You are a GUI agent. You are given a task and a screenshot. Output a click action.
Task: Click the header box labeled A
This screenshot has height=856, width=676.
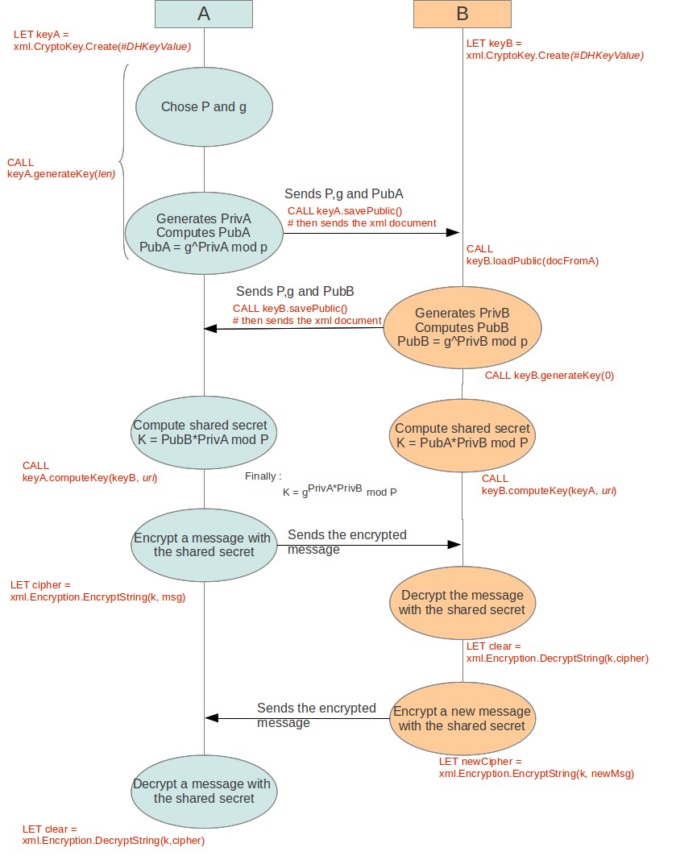click(x=204, y=15)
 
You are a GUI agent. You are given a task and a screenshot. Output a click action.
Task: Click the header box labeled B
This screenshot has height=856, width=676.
click(x=462, y=15)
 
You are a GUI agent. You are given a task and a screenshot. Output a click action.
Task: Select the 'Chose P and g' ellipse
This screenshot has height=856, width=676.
click(x=204, y=107)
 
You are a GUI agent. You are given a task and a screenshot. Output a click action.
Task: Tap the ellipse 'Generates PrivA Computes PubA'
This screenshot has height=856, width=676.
click(x=204, y=232)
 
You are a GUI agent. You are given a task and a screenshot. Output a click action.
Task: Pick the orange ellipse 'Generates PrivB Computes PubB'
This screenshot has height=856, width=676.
click(x=462, y=327)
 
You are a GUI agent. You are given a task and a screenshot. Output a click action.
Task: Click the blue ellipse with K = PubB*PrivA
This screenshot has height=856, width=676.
click(x=204, y=433)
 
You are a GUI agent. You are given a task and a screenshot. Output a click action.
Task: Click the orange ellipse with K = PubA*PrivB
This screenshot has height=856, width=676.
click(x=462, y=435)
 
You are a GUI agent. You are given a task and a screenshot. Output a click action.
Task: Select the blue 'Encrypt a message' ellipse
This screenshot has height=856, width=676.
click(x=204, y=544)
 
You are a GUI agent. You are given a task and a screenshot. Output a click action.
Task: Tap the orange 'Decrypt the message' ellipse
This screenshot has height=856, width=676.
click(x=462, y=602)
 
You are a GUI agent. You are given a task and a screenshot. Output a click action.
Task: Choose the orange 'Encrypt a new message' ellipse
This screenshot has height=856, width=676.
click(x=462, y=718)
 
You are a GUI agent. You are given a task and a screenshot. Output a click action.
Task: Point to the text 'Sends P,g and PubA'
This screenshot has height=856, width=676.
click(x=343, y=194)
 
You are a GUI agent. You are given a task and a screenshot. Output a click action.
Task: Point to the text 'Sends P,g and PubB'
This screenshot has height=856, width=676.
click(x=295, y=291)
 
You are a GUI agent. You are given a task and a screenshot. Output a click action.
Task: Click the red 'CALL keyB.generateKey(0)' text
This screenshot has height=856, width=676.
click(x=550, y=376)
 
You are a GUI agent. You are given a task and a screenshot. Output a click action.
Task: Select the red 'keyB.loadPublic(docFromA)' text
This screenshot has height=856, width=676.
click(x=533, y=260)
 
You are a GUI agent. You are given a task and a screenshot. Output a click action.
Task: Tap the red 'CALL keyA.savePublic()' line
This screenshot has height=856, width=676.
click(x=344, y=211)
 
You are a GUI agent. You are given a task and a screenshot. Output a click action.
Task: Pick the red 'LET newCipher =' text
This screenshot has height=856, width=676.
click(x=480, y=761)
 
